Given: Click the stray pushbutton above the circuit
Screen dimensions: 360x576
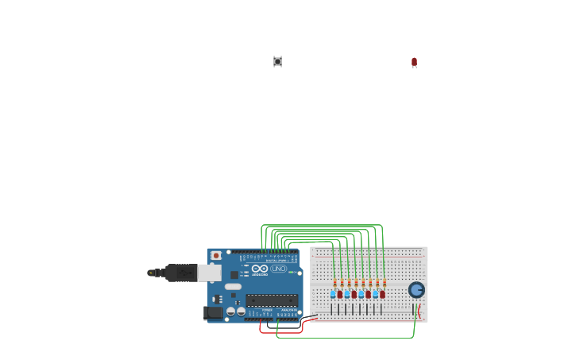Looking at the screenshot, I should coord(277,61).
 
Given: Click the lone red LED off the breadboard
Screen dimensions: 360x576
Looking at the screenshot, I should coord(414,62).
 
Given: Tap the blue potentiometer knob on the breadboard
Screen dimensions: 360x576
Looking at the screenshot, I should coord(416,289).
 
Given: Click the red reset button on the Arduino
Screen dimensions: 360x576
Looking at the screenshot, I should coord(216,256).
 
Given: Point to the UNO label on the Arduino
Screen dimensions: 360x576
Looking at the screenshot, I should coord(278,269).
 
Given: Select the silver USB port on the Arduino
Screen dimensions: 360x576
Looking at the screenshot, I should coord(209,273).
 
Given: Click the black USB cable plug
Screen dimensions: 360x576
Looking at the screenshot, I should coord(181,273).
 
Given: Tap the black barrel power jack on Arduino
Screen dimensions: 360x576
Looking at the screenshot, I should coord(214,312).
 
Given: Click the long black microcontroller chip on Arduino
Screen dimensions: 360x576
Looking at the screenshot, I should coord(272,300).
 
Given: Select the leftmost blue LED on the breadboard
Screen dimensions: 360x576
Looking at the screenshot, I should coord(333,294).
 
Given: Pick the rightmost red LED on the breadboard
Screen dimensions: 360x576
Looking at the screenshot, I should coord(382,294).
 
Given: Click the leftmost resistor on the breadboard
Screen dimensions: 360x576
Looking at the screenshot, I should coord(335,283).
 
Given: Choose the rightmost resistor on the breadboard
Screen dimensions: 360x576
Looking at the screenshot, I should coord(385,283).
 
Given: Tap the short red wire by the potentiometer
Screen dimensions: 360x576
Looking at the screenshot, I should coord(420,311).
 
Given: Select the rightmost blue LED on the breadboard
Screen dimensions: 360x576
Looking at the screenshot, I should coord(375,294).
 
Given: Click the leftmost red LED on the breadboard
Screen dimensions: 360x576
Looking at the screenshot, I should coord(340,294).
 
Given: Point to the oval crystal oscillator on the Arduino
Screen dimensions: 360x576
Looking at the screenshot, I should coord(233,287).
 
